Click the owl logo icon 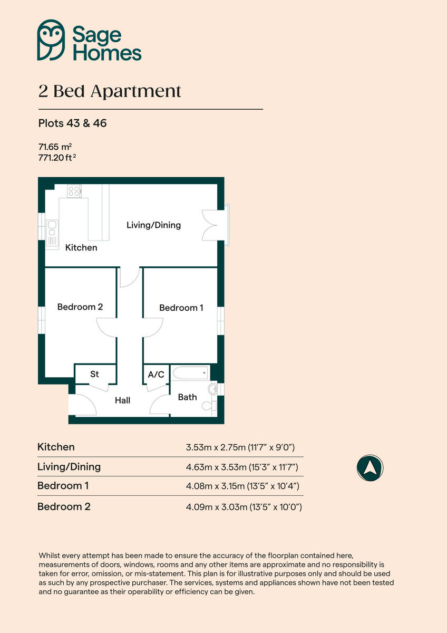tap(51, 40)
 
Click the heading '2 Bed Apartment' tap(110, 91)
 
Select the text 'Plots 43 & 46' tap(72, 124)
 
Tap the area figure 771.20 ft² tap(61, 157)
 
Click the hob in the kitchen tap(74, 190)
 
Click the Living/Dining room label tap(153, 225)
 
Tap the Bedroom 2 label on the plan tap(80, 307)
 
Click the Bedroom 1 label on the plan tap(181, 308)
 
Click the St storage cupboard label tap(94, 375)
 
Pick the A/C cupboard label tap(156, 375)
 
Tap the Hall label tap(122, 401)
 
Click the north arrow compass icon tap(370, 467)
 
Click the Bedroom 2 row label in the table tap(64, 507)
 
